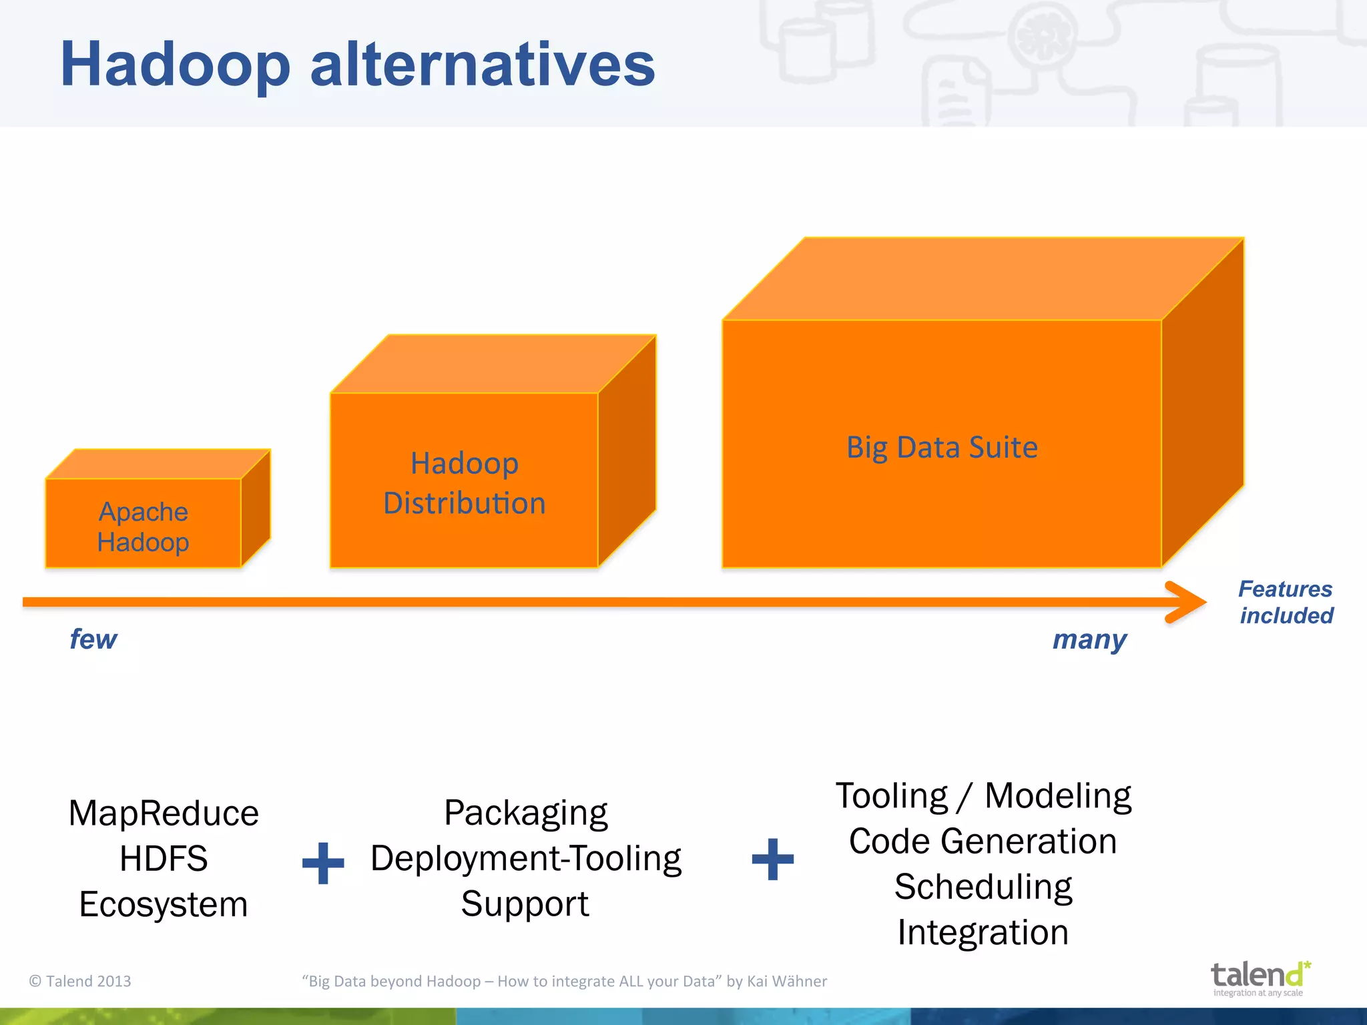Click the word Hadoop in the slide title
point(175,65)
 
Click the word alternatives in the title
point(483,65)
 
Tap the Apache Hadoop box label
point(143,527)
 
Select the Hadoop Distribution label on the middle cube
point(465,483)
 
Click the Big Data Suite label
point(942,447)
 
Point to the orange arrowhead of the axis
point(1188,602)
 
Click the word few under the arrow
point(93,639)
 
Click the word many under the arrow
point(1089,639)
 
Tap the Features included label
point(1286,602)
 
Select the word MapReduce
point(164,813)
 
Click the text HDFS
point(164,859)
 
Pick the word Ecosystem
point(164,904)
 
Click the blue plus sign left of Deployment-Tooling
point(323,863)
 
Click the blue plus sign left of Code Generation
point(773,860)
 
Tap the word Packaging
point(526,813)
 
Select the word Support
point(525,904)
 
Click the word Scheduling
point(983,887)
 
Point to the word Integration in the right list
point(983,932)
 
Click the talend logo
point(1259,977)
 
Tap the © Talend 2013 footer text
point(80,981)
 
